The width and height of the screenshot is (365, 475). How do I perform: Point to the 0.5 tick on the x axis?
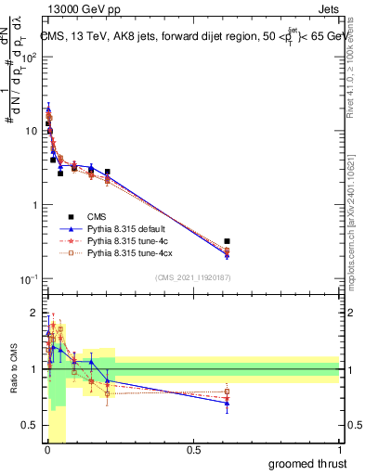pyautogui.click(x=193, y=450)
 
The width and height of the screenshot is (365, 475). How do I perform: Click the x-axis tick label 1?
pyautogui.click(x=339, y=450)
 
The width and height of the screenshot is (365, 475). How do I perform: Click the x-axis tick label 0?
pyautogui.click(x=47, y=450)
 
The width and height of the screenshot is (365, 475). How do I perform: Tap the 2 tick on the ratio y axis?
pyautogui.click(x=35, y=312)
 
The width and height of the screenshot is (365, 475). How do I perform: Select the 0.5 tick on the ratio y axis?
pyautogui.click(x=33, y=427)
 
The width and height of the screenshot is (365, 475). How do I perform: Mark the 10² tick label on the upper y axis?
pyautogui.click(x=30, y=57)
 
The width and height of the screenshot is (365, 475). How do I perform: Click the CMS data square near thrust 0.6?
pyautogui.click(x=228, y=241)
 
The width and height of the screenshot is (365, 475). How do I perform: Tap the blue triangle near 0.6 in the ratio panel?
pyautogui.click(x=228, y=403)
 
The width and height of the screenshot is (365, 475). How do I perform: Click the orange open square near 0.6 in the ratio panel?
pyautogui.click(x=228, y=392)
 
